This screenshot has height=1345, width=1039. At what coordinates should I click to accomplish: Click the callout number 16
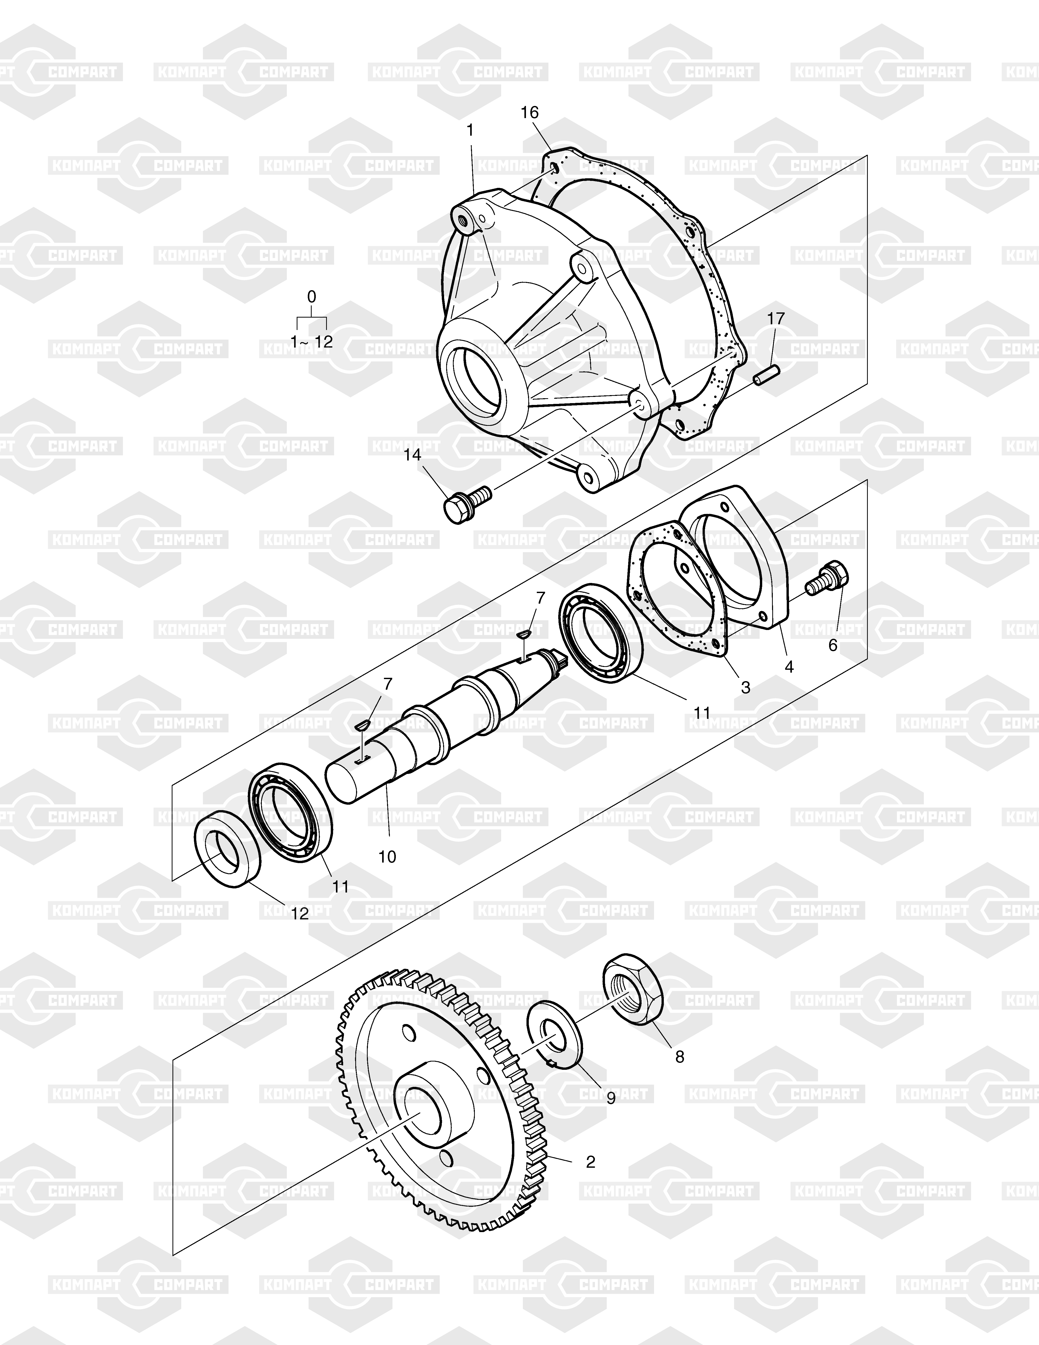(x=529, y=113)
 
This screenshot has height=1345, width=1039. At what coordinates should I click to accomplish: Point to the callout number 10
(x=387, y=856)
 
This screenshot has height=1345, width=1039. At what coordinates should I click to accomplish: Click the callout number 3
(x=745, y=687)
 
